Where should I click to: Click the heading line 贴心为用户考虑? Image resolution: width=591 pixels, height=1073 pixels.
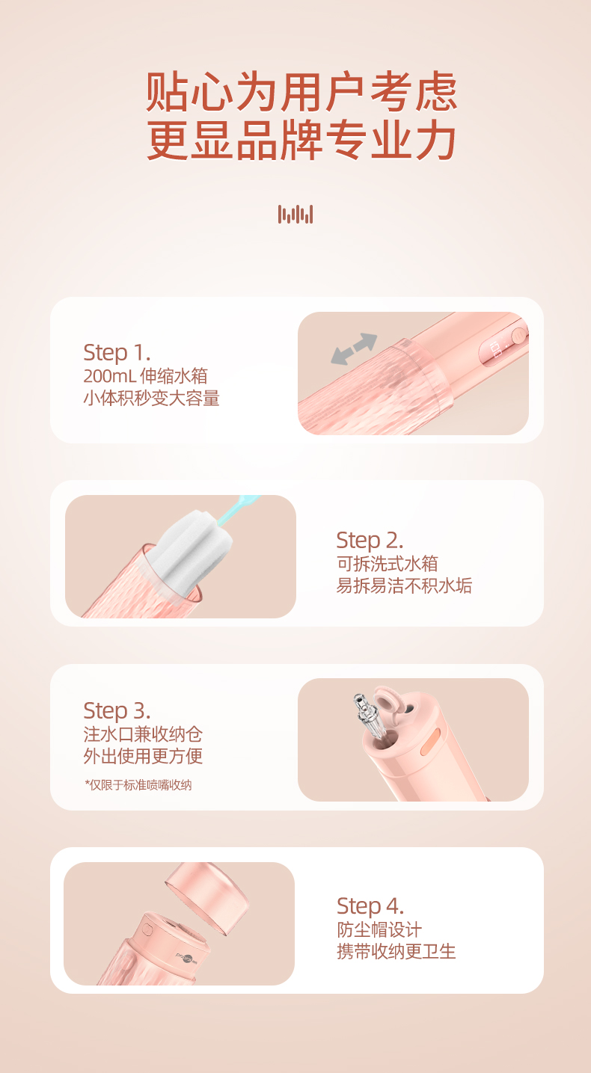pos(301,91)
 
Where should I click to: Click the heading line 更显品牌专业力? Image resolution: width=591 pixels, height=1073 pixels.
pos(301,141)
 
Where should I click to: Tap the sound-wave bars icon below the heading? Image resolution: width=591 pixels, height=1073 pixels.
pos(295,214)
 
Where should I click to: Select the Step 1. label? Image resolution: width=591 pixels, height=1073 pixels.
pos(117,353)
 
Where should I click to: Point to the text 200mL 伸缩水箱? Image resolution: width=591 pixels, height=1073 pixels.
pos(146,376)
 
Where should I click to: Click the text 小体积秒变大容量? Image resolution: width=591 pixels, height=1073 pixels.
pos(151,398)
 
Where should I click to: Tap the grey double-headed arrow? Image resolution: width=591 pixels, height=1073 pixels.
pos(354,348)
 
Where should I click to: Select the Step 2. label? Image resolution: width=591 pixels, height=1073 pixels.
pos(370,541)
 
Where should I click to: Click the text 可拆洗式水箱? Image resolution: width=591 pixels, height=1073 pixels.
pos(388,564)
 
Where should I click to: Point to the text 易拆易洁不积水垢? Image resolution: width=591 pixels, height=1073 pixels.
pos(404,585)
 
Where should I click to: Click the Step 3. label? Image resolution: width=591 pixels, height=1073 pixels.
pos(117,711)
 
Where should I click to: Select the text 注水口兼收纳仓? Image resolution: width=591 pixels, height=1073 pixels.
pos(143,734)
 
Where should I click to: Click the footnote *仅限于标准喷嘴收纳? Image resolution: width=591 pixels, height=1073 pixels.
pos(138,785)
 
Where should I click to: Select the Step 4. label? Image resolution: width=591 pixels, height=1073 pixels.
pos(370,906)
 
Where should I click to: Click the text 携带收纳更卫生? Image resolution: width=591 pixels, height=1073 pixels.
pos(396,952)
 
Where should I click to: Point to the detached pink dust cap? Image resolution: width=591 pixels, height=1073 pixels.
pos(208,897)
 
